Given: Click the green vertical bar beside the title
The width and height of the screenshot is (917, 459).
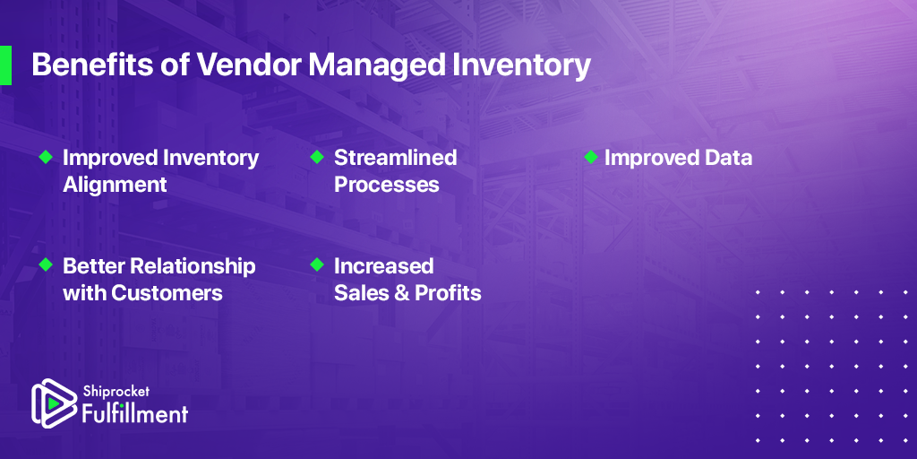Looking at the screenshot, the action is point(6,65).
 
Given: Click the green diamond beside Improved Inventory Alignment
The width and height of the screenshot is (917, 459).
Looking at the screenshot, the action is point(46,157).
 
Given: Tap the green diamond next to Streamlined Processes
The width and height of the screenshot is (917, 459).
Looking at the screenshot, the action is point(317,157).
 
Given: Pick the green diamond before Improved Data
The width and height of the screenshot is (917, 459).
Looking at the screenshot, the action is point(591,157).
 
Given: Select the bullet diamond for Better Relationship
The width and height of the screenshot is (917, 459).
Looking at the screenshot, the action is point(46,264).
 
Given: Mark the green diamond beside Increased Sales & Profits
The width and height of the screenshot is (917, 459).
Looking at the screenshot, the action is point(317,264).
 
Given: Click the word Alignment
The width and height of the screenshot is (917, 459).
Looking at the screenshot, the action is point(115,186).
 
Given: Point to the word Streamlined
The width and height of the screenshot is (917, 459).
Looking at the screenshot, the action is point(395,158).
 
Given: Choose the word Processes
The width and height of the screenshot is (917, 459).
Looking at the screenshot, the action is point(387,185).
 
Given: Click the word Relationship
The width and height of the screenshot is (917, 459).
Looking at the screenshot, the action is point(193,266).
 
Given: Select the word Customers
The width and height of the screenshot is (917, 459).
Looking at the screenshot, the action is point(167,293).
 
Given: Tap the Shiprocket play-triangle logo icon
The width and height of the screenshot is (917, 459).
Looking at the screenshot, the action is point(54,403).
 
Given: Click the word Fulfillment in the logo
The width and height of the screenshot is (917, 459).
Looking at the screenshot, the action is point(134,412).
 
